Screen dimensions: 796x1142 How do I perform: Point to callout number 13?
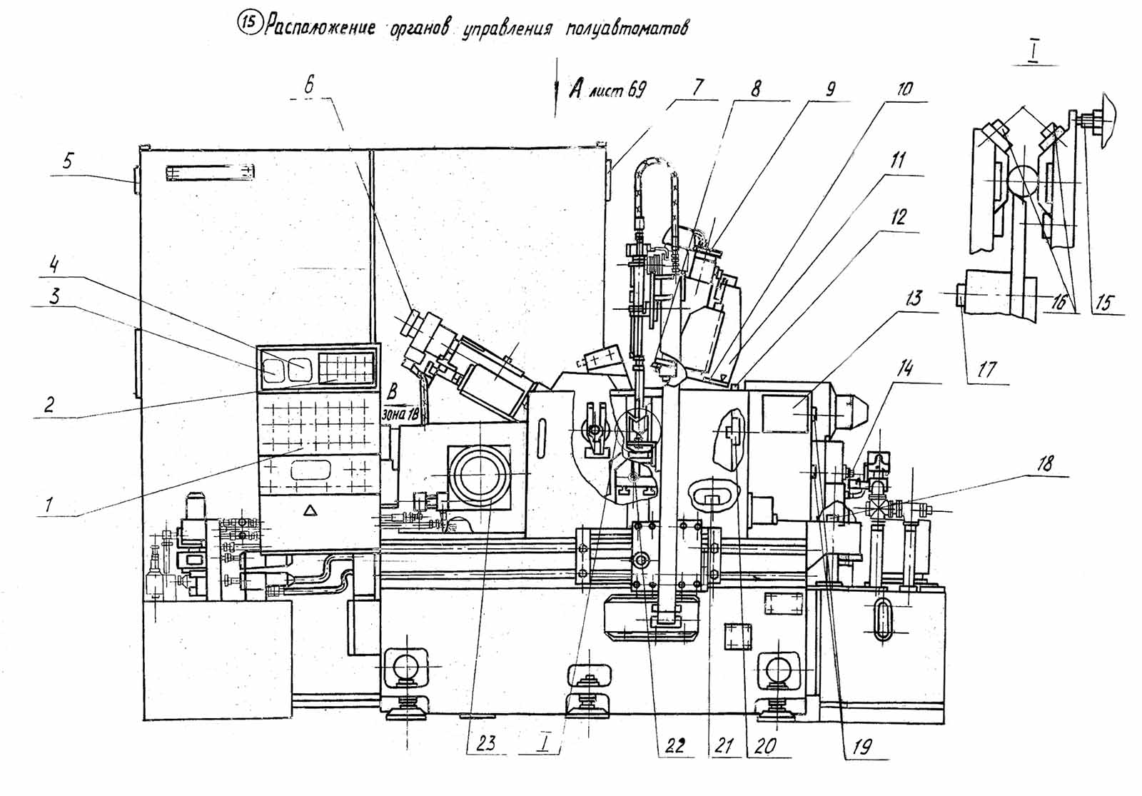click(914, 298)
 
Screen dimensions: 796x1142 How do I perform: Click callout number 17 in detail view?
click(987, 370)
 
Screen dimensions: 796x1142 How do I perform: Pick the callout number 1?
click(48, 504)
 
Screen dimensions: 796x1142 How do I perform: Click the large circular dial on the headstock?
click(480, 475)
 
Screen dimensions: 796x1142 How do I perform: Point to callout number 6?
click(308, 85)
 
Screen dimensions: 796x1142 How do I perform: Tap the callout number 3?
click(54, 296)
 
